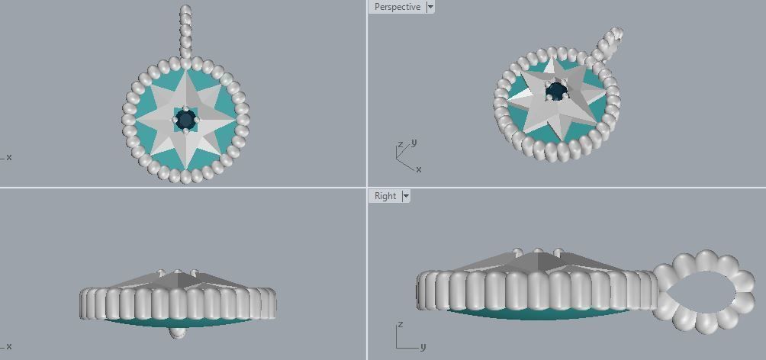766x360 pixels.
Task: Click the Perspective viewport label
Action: tap(397, 7)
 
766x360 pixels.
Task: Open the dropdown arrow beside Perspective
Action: tap(430, 7)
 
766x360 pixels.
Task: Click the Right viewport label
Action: tap(385, 196)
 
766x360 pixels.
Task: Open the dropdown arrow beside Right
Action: tap(406, 196)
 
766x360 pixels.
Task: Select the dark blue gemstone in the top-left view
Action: tap(185, 119)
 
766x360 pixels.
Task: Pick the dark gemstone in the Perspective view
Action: tap(557, 92)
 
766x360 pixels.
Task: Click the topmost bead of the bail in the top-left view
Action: tap(185, 10)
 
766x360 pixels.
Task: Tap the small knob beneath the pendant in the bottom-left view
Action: tap(177, 332)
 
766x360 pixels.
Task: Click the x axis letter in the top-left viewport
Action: tap(9, 157)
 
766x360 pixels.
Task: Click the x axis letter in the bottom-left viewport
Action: tap(9, 346)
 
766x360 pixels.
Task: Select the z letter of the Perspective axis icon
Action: tap(401, 145)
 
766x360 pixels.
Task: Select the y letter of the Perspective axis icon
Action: tap(414, 143)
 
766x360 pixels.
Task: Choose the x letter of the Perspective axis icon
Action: tap(419, 169)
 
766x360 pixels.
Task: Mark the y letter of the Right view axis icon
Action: tap(422, 346)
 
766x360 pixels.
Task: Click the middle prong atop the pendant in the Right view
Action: tap(539, 252)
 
